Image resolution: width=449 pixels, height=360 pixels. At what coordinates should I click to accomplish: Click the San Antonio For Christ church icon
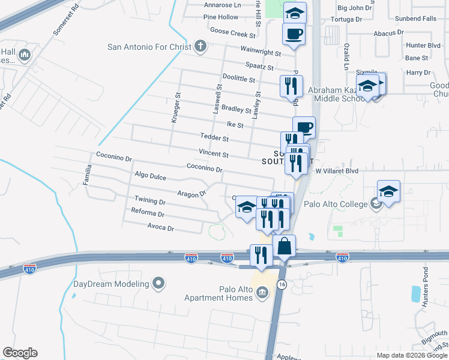(200, 46)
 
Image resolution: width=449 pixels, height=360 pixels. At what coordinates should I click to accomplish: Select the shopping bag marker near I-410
(284, 247)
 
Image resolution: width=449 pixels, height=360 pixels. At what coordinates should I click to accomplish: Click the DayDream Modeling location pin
(158, 283)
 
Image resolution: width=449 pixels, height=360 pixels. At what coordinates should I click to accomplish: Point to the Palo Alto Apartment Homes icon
(262, 292)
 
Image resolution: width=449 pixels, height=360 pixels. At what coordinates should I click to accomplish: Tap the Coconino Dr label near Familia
(113, 159)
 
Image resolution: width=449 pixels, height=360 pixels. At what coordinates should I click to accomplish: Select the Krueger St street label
(176, 108)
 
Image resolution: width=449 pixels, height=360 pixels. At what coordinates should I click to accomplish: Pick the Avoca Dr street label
(161, 228)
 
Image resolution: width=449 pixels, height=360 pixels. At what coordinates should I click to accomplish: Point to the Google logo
(20, 353)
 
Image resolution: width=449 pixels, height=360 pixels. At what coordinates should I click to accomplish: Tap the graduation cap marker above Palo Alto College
(388, 192)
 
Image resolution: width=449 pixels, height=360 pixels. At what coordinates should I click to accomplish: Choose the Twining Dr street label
(149, 200)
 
